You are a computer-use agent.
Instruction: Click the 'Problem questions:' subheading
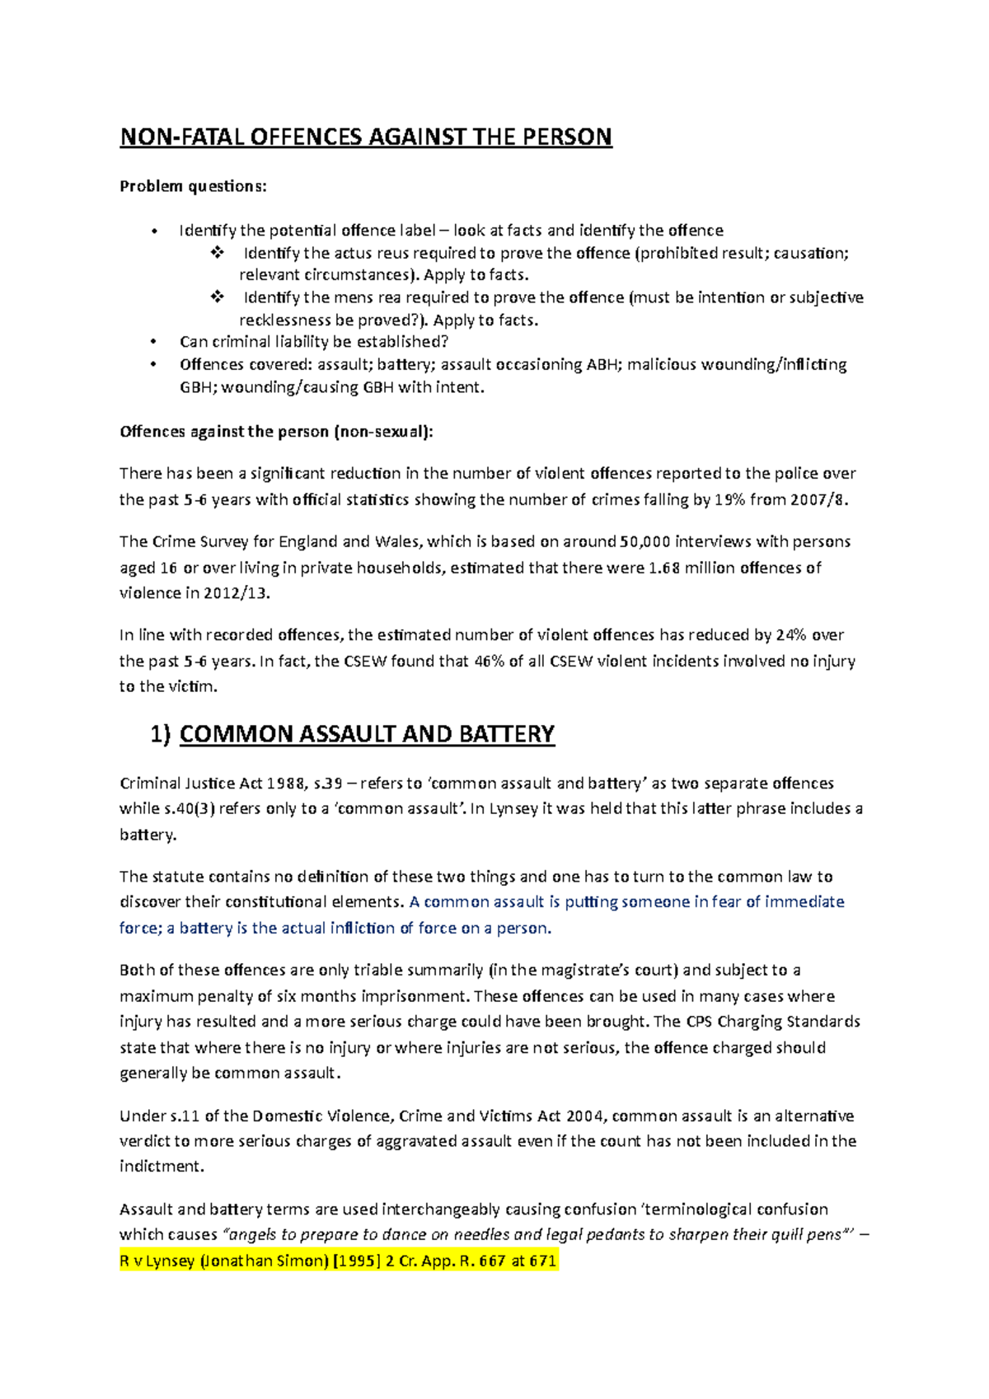click(193, 186)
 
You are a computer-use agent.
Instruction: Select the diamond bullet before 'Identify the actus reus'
click(217, 253)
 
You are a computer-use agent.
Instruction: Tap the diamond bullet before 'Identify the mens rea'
click(217, 297)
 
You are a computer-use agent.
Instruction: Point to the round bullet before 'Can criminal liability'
click(153, 342)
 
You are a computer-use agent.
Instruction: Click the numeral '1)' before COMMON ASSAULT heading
click(161, 734)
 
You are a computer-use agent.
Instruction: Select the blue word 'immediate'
click(804, 902)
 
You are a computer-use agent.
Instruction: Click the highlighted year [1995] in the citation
click(356, 1261)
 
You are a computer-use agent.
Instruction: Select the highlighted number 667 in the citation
click(492, 1261)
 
